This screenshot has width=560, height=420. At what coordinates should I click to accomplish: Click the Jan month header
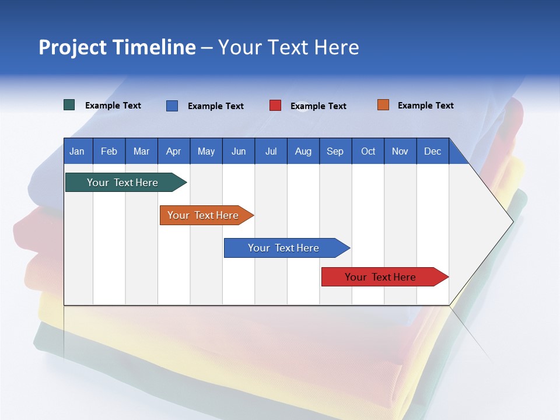pyautogui.click(x=77, y=152)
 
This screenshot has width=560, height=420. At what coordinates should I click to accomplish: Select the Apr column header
pyautogui.click(x=174, y=152)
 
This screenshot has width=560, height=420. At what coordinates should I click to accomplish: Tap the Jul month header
pyautogui.click(x=271, y=152)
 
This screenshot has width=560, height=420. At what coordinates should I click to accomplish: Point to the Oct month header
pyautogui.click(x=368, y=152)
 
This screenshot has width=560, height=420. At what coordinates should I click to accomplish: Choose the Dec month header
pyautogui.click(x=432, y=152)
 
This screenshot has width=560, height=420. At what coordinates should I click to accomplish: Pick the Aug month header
pyautogui.click(x=303, y=152)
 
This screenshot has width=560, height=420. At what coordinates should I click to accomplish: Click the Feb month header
pyautogui.click(x=109, y=152)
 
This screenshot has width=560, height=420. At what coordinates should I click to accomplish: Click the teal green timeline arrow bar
pyautogui.click(x=126, y=182)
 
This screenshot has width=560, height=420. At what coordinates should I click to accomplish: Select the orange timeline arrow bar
pyautogui.click(x=206, y=215)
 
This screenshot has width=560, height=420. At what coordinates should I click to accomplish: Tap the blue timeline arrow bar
pyautogui.click(x=287, y=248)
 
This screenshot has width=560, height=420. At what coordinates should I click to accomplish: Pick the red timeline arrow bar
pyautogui.click(x=385, y=276)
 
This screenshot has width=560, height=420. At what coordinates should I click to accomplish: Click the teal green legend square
pyautogui.click(x=69, y=105)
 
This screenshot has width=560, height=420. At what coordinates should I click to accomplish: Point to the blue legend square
pyautogui.click(x=172, y=106)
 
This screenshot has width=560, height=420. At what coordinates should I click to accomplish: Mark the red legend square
pyautogui.click(x=275, y=106)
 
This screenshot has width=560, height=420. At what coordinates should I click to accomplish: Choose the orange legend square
pyautogui.click(x=383, y=104)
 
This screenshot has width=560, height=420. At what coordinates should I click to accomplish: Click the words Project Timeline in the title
pyautogui.click(x=117, y=47)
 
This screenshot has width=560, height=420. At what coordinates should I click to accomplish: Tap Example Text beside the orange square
pyautogui.click(x=426, y=106)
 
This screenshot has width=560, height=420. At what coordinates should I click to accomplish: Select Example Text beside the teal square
pyautogui.click(x=113, y=106)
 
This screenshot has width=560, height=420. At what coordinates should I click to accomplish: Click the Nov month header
pyautogui.click(x=400, y=152)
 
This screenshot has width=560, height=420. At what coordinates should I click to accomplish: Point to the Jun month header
pyautogui.click(x=239, y=152)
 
